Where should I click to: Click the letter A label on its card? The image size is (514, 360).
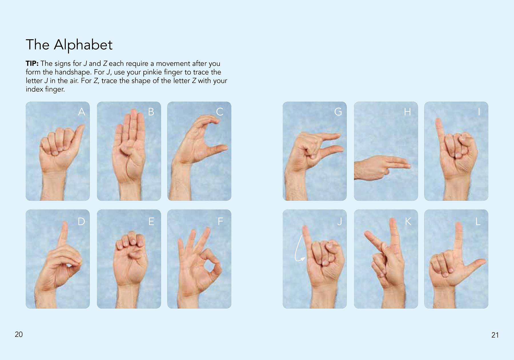(81, 112)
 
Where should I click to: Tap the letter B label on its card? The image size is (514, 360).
(151, 112)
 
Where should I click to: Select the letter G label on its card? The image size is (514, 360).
(338, 112)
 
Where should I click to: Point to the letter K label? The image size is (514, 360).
(408, 221)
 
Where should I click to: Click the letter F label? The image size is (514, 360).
(220, 221)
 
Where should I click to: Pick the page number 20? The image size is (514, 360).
(19, 334)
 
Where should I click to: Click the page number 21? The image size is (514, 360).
(495, 335)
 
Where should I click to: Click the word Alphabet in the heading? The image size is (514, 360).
(83, 45)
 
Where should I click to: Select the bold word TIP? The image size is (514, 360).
(32, 63)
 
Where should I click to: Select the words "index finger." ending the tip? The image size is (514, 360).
(45, 89)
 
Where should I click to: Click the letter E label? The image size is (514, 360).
(151, 221)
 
